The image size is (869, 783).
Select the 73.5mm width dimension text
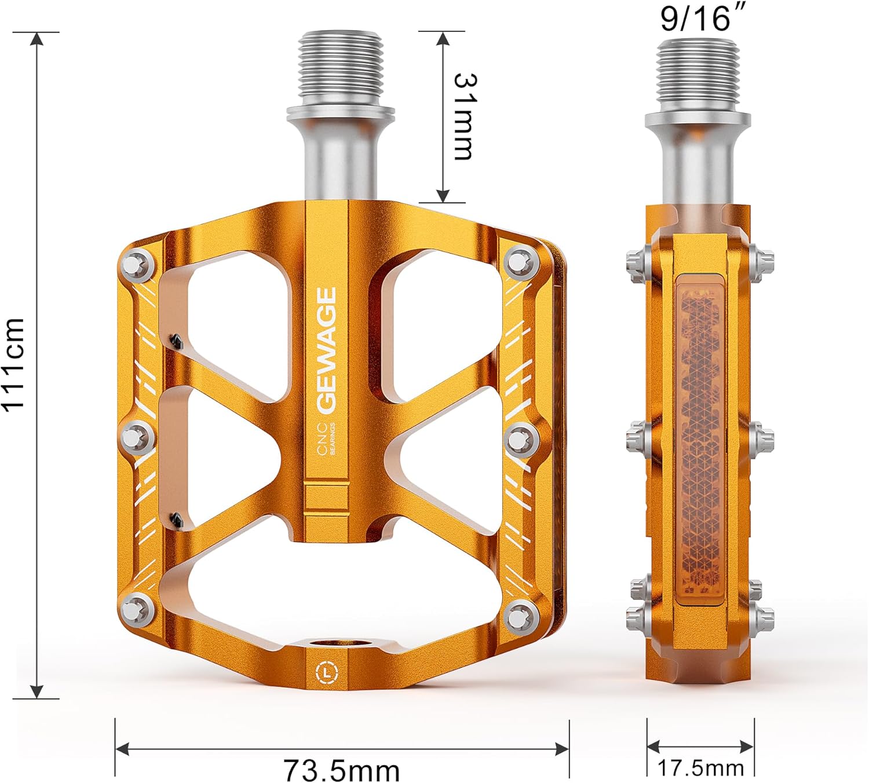[x=342, y=770]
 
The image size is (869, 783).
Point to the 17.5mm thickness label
[x=700, y=768]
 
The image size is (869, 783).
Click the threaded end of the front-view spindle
[x=342, y=64]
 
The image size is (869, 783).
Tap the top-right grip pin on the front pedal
[x=519, y=262]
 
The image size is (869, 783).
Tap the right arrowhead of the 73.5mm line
[x=562, y=749]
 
